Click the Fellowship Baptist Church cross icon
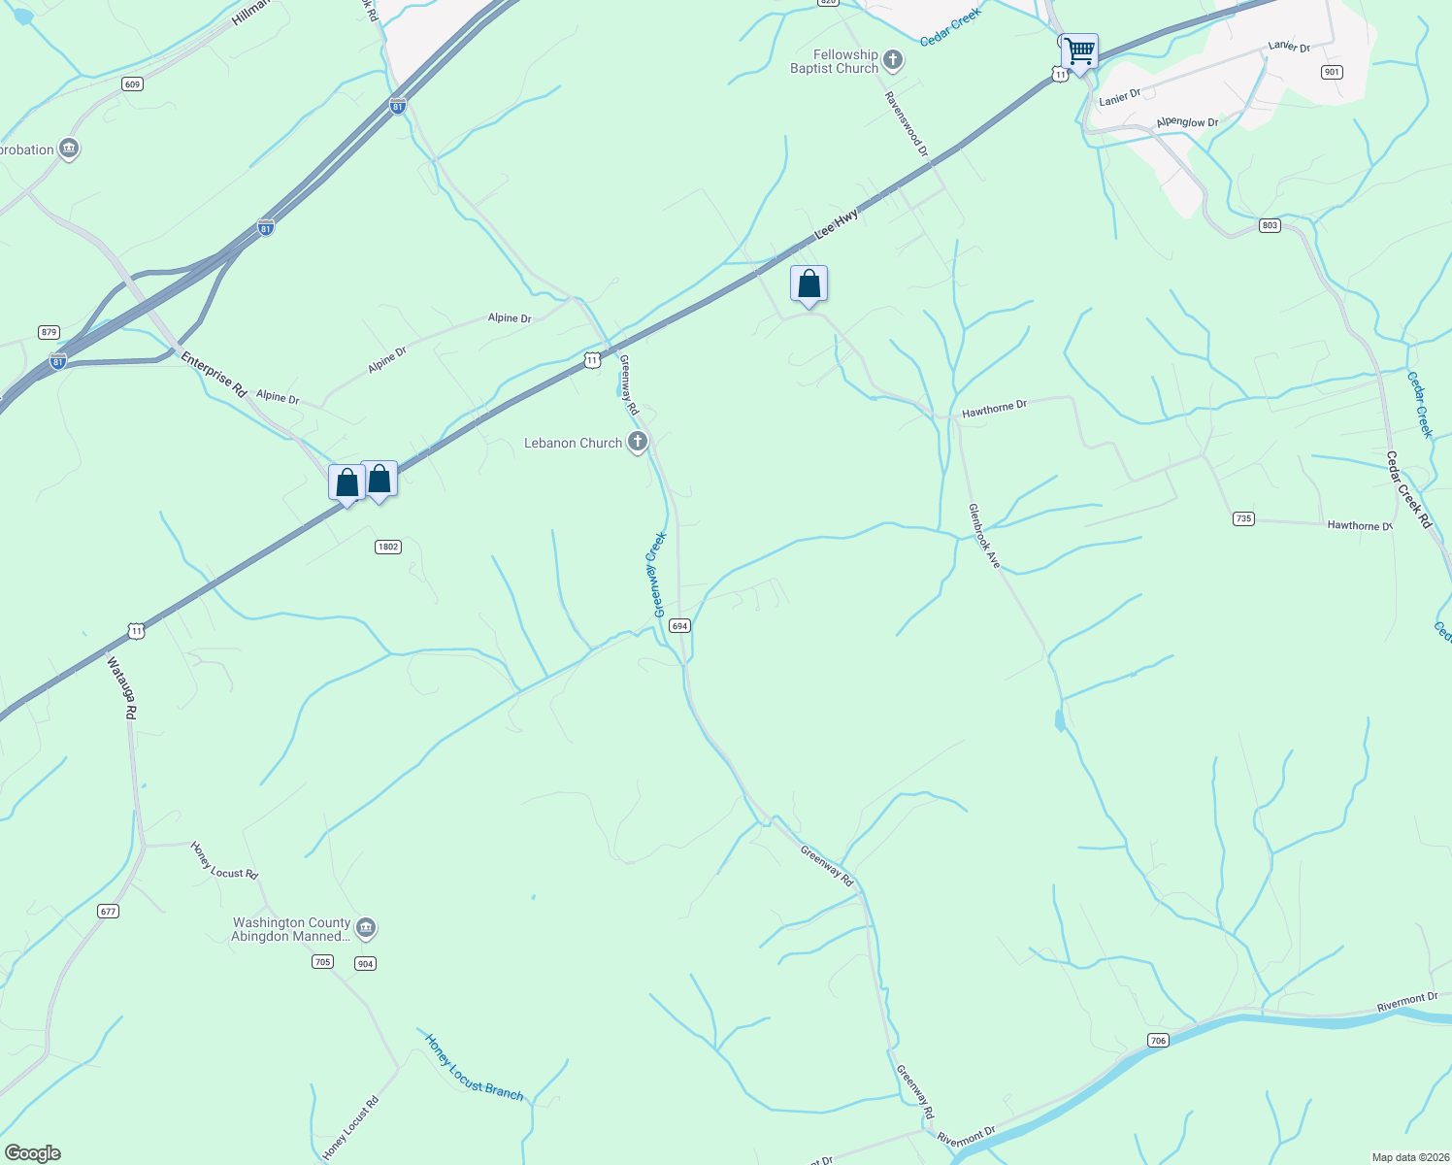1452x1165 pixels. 893,61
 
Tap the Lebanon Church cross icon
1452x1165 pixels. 638,443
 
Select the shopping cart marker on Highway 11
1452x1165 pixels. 1079,50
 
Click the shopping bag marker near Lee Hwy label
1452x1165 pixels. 808,284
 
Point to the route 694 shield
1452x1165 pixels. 679,626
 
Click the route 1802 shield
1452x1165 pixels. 388,547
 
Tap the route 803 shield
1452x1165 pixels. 1270,225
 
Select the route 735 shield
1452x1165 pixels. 1243,518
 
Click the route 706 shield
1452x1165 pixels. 1158,1041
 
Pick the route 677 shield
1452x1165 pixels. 108,911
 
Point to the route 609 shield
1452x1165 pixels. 133,84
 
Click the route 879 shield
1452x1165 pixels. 49,332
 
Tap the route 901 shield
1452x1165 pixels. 1332,72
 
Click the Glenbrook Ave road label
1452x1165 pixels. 984,536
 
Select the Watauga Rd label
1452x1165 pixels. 122,687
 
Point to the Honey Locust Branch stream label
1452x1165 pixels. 474,1067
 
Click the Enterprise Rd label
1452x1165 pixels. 214,374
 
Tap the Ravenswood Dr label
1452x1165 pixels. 907,124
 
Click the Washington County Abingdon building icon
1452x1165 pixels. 366,929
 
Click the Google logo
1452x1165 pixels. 33,1153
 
